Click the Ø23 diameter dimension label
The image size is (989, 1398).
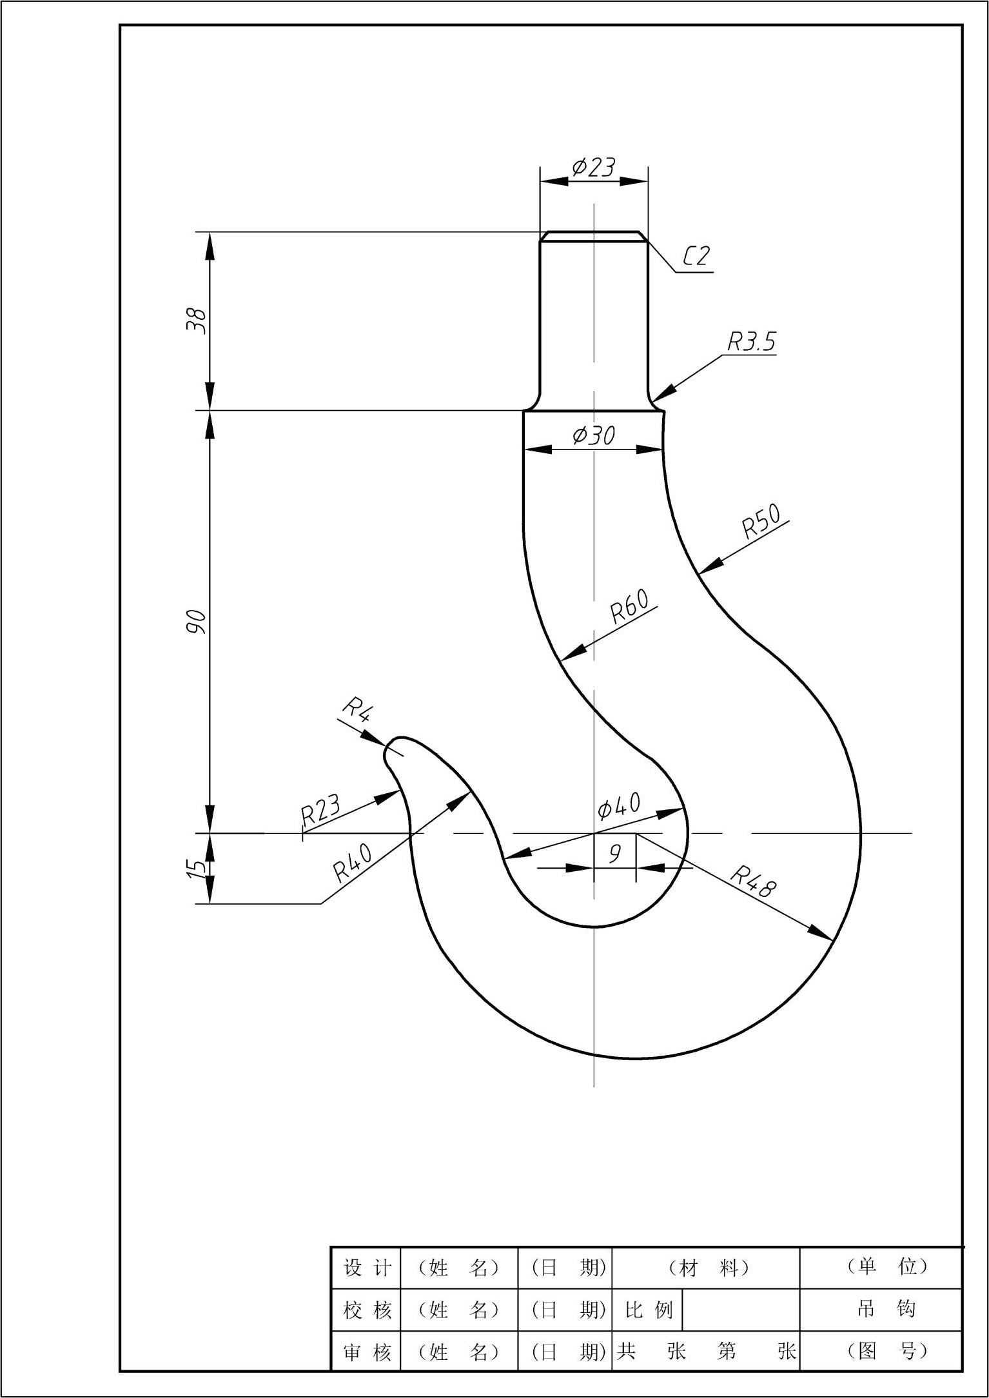point(594,167)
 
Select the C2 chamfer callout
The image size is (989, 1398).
point(696,256)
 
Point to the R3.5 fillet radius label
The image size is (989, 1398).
point(752,341)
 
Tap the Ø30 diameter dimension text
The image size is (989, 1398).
point(594,435)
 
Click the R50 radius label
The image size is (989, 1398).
point(761,520)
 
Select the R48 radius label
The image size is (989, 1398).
point(753,881)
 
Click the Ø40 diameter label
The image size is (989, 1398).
point(619,805)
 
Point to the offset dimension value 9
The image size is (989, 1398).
point(615,853)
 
